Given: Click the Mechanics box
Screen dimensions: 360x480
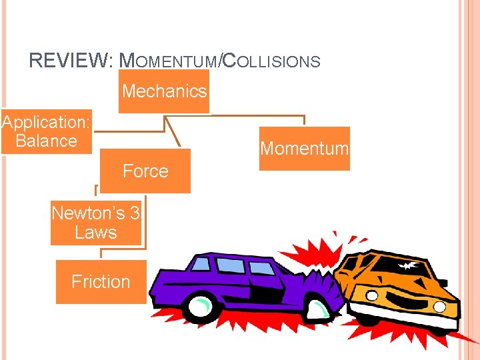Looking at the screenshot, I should click(165, 91).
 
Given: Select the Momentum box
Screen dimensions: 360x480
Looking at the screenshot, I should click(304, 149).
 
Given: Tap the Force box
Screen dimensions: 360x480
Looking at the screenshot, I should click(145, 171).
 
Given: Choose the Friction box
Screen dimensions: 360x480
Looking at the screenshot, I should click(101, 282).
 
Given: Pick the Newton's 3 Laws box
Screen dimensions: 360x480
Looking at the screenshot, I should click(96, 223).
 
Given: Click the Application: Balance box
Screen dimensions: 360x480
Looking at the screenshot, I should click(46, 131).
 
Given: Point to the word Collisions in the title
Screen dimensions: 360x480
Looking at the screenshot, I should click(271, 62).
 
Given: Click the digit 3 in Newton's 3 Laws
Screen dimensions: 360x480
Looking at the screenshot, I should click(134, 213).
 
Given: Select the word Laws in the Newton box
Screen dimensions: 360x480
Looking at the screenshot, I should click(96, 233).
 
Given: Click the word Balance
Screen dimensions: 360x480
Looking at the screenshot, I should click(46, 141).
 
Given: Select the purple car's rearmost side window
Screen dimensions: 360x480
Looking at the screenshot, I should click(200, 264).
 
